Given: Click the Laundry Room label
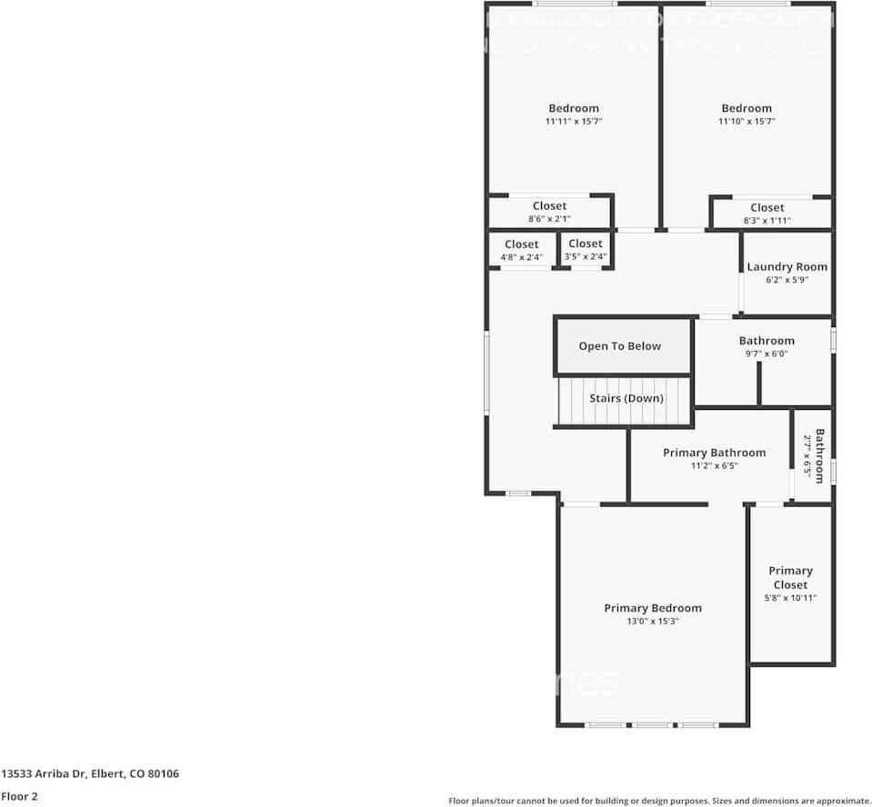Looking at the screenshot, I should (787, 266).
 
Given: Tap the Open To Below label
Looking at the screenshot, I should (619, 346).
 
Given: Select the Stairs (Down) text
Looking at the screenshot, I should (626, 398).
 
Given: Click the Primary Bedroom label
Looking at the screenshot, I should (653, 608).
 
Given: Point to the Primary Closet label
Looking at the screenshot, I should (790, 578).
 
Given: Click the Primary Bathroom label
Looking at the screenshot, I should (714, 453).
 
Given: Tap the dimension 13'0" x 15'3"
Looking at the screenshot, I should (653, 622).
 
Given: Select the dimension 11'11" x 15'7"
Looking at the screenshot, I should (574, 121).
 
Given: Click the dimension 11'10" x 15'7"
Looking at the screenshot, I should (746, 121).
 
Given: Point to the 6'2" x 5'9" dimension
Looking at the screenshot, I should (787, 280).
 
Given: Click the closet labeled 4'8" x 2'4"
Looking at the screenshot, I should (521, 251).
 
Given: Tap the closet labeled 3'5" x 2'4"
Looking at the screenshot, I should (585, 250).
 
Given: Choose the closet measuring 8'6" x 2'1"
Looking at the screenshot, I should (549, 213).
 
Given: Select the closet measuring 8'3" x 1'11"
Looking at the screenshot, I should (767, 214).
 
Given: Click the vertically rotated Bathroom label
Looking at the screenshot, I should (819, 455).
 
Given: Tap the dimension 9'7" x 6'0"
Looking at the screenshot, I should (766, 354).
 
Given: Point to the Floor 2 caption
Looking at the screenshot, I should (19, 796).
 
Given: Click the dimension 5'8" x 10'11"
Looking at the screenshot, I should (790, 598).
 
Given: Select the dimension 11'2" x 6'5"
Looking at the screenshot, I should (714, 465).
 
